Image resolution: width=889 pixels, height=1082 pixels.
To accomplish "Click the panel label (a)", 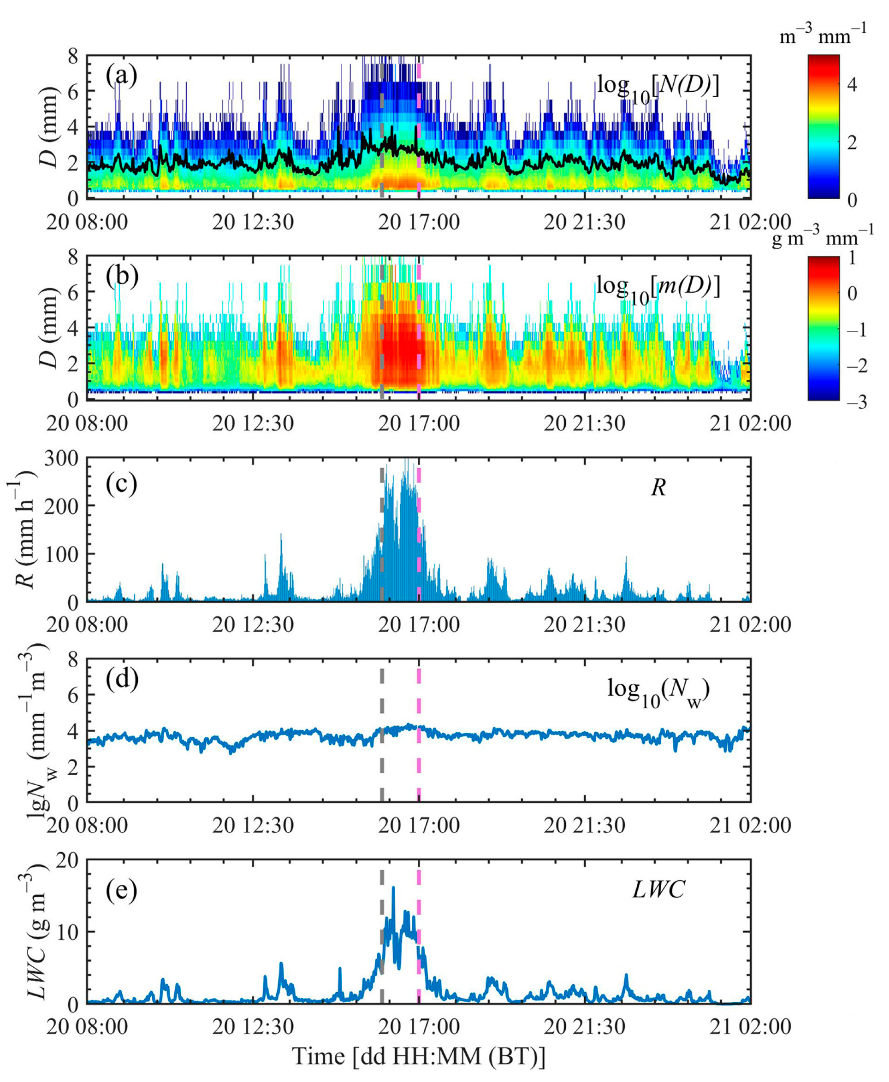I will click(x=121, y=76).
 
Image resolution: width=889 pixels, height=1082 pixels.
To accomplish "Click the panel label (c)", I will click(x=121, y=484).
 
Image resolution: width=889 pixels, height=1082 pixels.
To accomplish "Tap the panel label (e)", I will click(x=121, y=889).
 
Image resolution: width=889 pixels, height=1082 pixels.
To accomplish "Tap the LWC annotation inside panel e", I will click(x=658, y=890).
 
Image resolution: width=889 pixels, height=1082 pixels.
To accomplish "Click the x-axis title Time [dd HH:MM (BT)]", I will click(x=418, y=1056).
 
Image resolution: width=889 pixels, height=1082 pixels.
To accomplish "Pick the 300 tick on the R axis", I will click(x=61, y=458).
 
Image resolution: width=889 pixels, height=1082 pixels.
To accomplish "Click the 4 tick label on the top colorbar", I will click(x=852, y=84).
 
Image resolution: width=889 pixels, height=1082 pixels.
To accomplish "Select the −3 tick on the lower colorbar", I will click(x=855, y=402).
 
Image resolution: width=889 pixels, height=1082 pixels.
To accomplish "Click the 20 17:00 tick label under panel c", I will click(x=418, y=624).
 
